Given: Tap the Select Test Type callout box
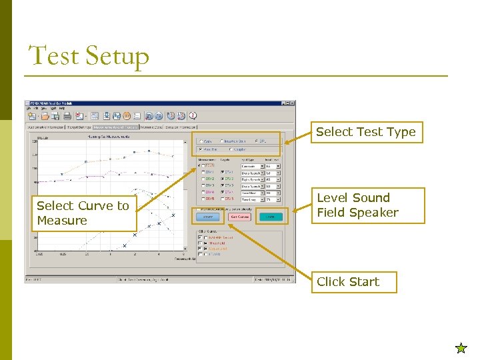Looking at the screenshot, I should click(365, 132).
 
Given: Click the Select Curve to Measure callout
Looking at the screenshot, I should click(83, 213).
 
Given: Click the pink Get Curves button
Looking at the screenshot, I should click(239, 216).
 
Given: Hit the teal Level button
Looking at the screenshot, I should click(270, 216).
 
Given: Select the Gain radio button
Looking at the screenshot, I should click(201, 141).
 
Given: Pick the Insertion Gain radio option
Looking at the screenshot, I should click(223, 141).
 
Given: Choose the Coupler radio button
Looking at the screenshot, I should click(229, 149).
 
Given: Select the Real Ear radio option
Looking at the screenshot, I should click(201, 149).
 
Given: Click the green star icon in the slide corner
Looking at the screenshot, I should click(461, 347).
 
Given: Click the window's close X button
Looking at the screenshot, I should click(291, 103).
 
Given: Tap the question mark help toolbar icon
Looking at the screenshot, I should click(193, 116).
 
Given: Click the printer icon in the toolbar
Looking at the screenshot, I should click(67, 116).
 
